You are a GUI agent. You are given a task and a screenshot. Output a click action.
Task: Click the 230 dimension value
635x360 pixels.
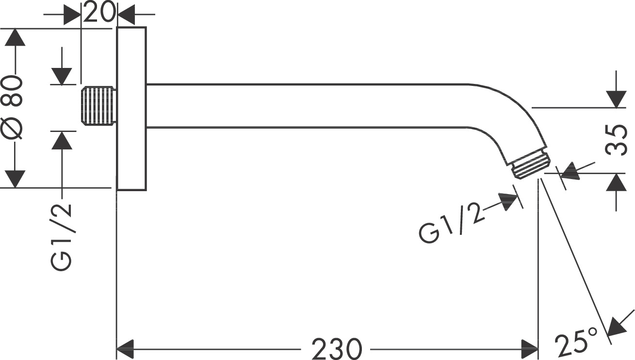click(x=337, y=348)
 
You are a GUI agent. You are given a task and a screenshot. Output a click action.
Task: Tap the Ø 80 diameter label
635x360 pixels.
click(x=14, y=108)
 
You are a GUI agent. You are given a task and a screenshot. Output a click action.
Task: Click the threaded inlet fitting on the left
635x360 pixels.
click(x=99, y=106)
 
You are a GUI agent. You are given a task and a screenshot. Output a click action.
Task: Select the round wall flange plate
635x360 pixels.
click(x=131, y=108)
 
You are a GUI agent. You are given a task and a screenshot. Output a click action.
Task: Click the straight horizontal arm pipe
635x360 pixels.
click(x=306, y=106)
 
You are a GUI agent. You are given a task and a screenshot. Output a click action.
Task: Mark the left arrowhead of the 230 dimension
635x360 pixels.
click(x=126, y=348)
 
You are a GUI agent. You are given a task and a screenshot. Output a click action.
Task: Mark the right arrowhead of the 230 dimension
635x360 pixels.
click(x=529, y=348)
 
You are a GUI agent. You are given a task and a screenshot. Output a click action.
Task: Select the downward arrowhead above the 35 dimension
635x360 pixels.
click(x=617, y=98)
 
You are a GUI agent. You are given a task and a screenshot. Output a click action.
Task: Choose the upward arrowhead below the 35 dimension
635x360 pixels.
click(x=617, y=183)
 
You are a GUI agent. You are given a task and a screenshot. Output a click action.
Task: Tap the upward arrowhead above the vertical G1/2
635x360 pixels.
click(x=62, y=141)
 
